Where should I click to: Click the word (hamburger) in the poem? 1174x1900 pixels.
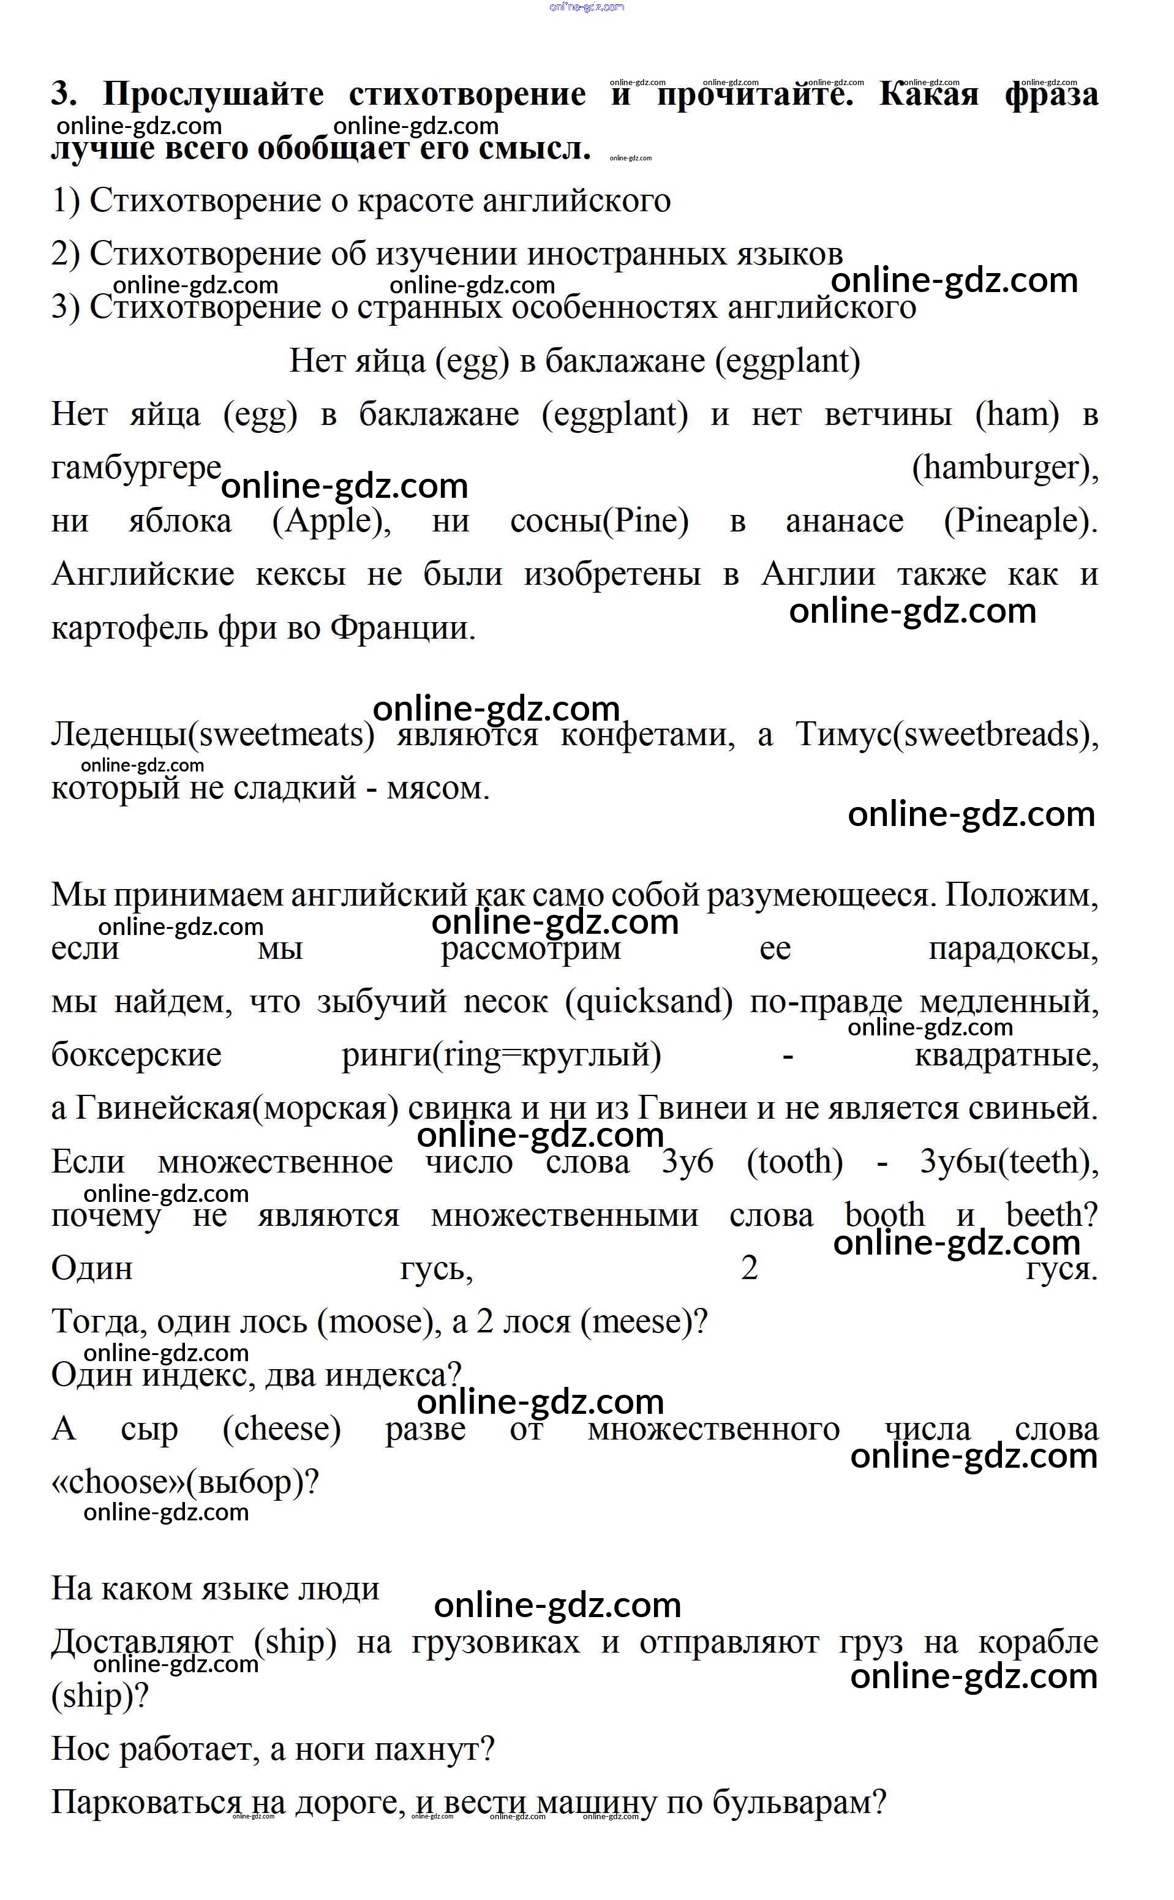click(1005, 468)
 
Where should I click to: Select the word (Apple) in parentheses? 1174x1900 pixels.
click(331, 521)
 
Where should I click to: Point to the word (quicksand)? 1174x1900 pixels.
click(649, 1002)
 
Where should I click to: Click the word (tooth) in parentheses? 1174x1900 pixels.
click(794, 1162)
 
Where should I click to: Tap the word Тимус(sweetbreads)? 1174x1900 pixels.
click(947, 734)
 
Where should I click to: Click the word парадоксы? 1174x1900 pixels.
click(1014, 948)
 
